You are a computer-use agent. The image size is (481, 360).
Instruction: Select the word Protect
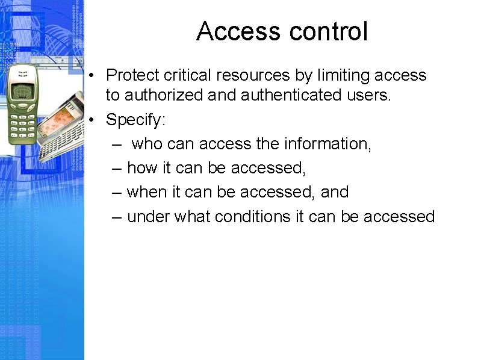click(x=133, y=75)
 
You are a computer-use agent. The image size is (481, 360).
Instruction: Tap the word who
click(x=147, y=144)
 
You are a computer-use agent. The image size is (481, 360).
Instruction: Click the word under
click(x=149, y=216)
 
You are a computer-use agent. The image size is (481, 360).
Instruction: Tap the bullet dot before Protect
click(x=90, y=76)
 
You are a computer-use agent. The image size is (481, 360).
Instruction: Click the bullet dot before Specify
click(x=90, y=120)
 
